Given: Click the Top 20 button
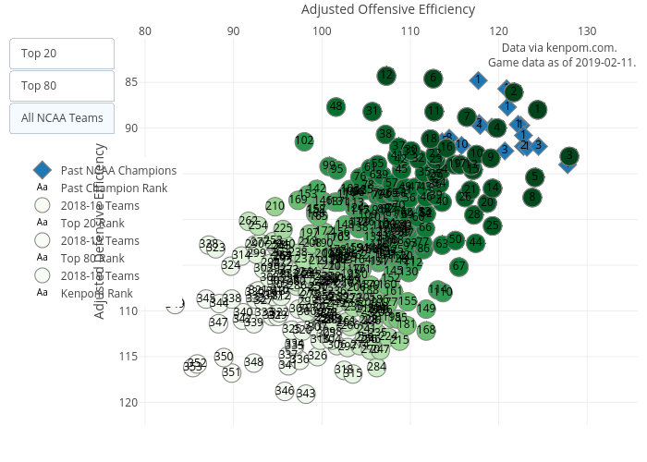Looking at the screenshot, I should coord(62,53).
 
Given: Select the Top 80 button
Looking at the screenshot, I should coord(62,86).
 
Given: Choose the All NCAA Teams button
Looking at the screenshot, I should coord(62,118).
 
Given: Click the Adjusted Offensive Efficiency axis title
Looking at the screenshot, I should coord(388,10).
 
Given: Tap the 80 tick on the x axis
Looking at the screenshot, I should coord(145,31).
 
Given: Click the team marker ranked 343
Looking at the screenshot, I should coord(306,394).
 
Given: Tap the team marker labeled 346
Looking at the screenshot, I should coord(285,391).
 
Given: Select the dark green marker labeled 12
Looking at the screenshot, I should coord(386,75).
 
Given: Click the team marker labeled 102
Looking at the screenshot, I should coord(304,141).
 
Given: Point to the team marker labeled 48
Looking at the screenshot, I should coord(336,106).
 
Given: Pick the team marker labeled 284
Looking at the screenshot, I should coord(376,367).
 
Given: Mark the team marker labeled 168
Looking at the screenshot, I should coord(426,330).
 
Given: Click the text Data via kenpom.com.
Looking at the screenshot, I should coord(558,47).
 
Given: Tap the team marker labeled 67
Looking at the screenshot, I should coord(458,267).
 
